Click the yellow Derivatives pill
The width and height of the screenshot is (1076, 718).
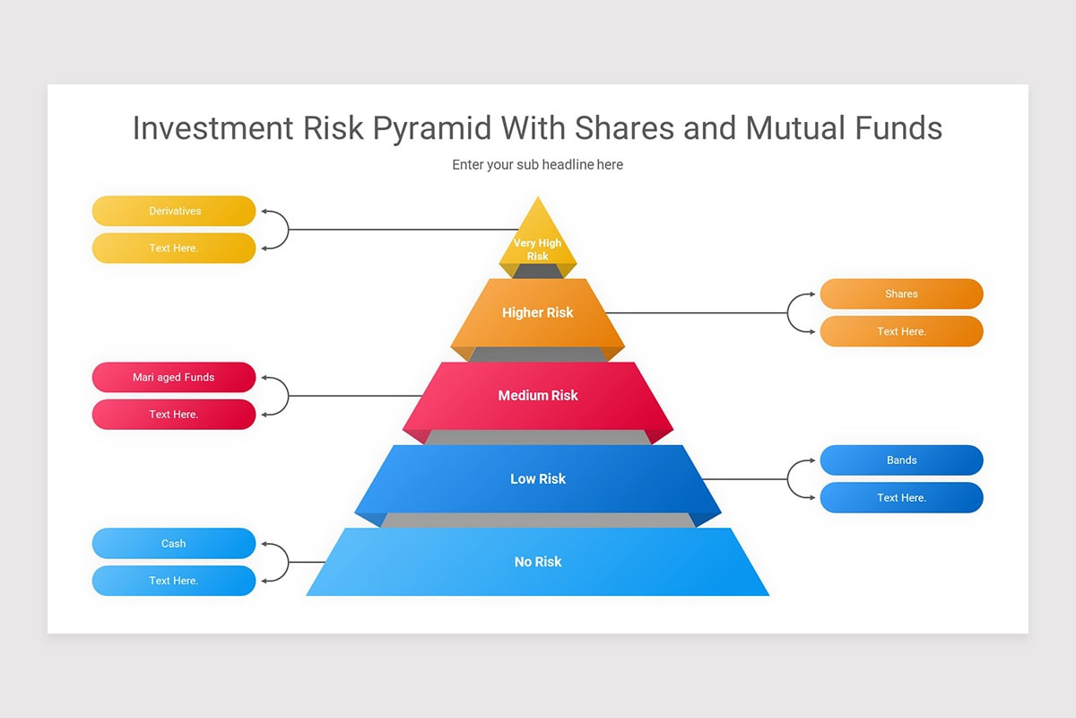point(174,211)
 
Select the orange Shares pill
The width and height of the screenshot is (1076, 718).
point(901,293)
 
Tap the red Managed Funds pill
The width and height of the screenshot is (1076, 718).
point(174,377)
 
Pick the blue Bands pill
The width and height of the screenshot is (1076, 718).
point(901,460)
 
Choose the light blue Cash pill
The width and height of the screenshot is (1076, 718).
point(174,543)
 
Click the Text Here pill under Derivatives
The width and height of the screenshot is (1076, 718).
point(174,248)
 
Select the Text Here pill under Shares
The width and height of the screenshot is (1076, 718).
point(901,331)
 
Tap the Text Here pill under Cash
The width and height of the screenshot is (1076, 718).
point(174,581)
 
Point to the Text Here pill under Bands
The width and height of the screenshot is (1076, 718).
point(901,497)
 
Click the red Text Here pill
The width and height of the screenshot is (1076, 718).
point(174,415)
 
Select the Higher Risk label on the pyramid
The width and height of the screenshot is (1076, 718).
point(538,312)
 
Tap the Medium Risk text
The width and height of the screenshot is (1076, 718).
point(538,396)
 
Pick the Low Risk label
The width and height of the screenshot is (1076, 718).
point(538,478)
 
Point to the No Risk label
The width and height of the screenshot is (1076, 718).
point(538,562)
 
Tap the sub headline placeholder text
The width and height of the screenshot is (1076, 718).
point(538,165)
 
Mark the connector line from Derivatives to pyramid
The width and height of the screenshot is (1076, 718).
point(395,230)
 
